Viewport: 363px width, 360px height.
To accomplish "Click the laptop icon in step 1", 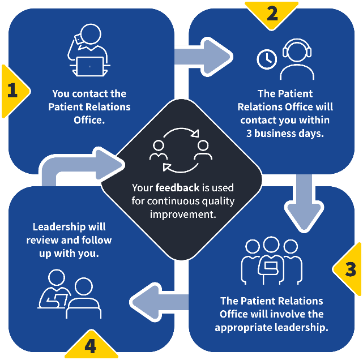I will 91,66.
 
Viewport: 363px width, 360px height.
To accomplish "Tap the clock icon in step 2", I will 266,59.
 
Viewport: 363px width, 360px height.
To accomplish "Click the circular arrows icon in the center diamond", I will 181,149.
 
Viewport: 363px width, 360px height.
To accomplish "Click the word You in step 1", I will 61,94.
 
